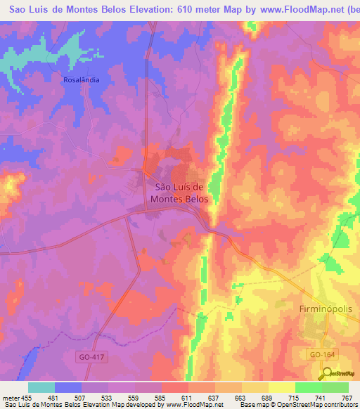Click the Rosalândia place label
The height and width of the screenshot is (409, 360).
pos(81,79)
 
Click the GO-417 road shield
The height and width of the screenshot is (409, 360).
pos(91,357)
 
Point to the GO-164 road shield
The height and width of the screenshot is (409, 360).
pos(322,356)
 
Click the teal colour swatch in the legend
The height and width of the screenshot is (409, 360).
pos(41,387)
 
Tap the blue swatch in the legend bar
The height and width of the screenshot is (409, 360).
pos(68,387)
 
